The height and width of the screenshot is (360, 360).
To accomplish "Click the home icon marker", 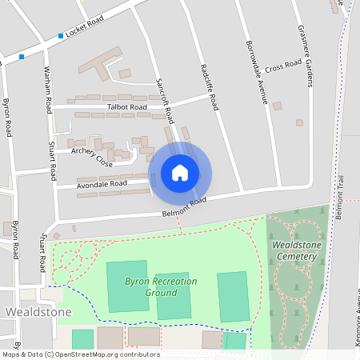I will pyautogui.click(x=180, y=173).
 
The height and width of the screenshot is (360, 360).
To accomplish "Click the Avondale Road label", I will pyautogui.click(x=102, y=183).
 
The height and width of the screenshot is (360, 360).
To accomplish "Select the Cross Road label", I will pyautogui.click(x=283, y=65).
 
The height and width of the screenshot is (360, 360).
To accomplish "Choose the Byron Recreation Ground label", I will pyautogui.click(x=150, y=286).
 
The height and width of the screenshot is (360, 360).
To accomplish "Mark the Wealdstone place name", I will pyautogui.click(x=38, y=311).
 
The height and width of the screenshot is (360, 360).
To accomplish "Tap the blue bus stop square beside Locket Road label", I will pyautogui.click(x=61, y=36).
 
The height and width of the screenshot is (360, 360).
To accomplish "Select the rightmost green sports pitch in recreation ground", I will pyautogui.click(x=233, y=296).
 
